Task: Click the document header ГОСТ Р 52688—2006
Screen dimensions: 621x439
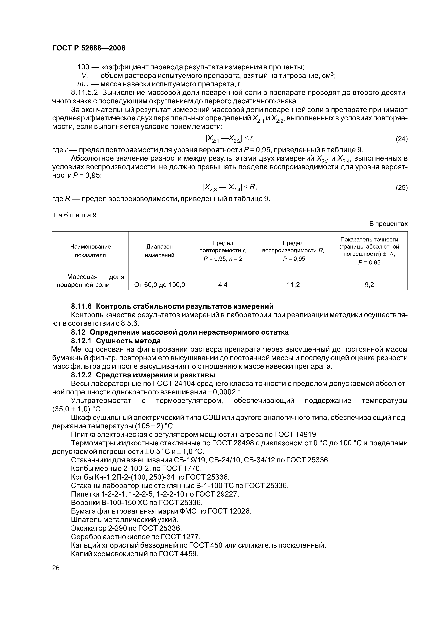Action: coord(89,48)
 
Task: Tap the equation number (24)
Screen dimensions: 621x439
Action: coord(401,139)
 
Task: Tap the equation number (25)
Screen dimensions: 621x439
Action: coord(401,187)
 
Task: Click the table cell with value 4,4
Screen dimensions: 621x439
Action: coord(223,284)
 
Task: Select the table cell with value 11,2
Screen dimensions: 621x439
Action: coord(293,284)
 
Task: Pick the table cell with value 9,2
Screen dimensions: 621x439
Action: coord(369,284)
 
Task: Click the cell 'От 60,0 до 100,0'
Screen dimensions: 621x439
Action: coord(160,284)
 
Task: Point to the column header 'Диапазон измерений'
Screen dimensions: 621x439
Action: coord(160,251)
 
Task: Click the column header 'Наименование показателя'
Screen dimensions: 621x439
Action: coord(90,251)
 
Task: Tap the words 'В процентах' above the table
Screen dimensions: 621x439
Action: coord(388,224)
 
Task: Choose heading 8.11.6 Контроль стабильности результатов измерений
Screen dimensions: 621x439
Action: coord(172,306)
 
